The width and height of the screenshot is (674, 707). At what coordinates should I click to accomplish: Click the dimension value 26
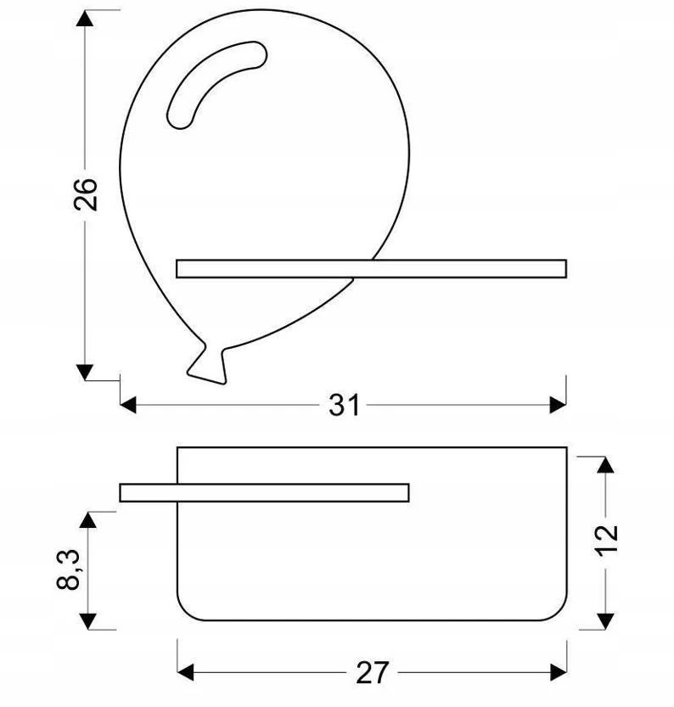(86, 194)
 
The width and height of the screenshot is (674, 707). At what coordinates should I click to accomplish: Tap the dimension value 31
(344, 405)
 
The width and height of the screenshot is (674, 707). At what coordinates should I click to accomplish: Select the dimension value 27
(372, 673)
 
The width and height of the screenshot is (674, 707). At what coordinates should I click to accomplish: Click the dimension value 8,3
(69, 570)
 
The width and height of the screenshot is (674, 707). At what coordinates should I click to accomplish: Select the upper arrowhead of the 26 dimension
(85, 18)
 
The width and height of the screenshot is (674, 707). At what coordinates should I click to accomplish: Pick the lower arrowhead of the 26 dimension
(85, 372)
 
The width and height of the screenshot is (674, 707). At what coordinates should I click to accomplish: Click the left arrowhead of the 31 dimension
(128, 405)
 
